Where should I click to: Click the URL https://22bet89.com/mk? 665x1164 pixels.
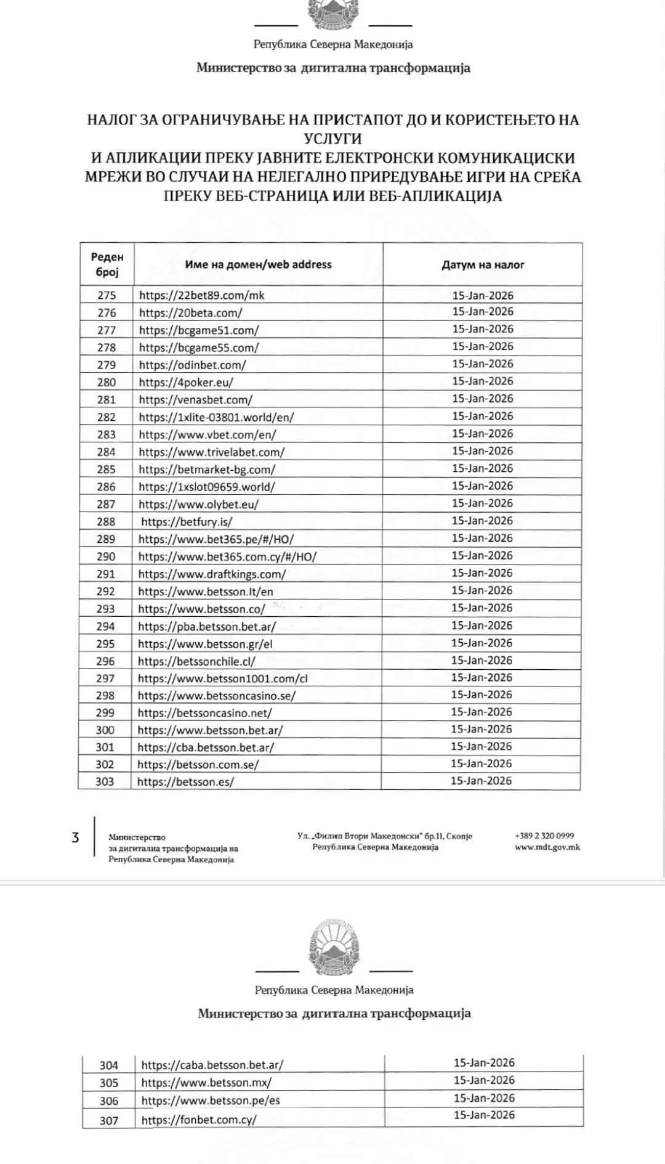click(x=201, y=295)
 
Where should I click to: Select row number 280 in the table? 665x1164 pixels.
click(x=107, y=382)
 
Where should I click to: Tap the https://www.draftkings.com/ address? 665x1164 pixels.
click(x=212, y=574)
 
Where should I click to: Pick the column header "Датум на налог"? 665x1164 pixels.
click(x=483, y=265)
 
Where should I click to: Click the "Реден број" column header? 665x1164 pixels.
click(x=107, y=264)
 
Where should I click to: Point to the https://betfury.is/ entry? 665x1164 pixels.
click(x=187, y=522)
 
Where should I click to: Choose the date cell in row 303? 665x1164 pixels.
click(x=481, y=781)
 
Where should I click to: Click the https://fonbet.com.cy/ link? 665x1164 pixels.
click(x=199, y=1120)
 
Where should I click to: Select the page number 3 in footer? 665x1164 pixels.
click(x=75, y=837)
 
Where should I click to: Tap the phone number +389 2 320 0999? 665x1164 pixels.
click(x=544, y=836)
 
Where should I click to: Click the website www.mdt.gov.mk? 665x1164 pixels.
click(x=547, y=847)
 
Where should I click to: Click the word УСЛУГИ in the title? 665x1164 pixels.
click(x=332, y=139)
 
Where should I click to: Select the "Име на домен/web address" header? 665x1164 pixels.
click(x=258, y=264)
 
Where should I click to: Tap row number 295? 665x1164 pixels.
click(x=105, y=643)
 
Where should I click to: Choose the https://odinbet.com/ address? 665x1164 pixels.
click(x=192, y=365)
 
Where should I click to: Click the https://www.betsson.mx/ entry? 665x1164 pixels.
click(x=206, y=1083)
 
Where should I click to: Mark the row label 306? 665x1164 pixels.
click(x=109, y=1101)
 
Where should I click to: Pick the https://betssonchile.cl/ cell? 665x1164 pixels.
click(x=196, y=661)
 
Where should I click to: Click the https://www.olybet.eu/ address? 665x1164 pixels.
click(x=198, y=504)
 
